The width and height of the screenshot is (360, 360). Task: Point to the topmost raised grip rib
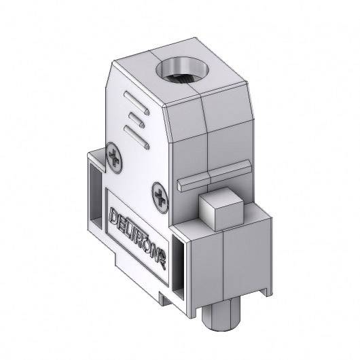137,105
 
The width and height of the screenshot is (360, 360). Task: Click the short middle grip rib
134,121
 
